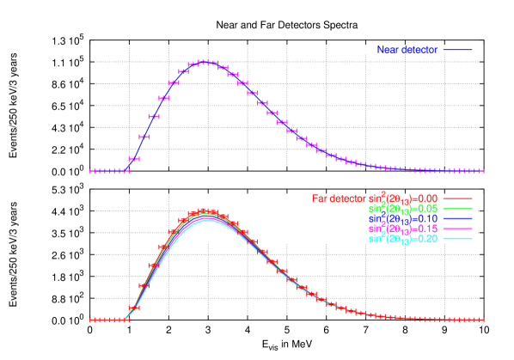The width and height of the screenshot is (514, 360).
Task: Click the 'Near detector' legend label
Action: (407, 50)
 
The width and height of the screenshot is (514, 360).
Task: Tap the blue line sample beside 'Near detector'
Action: (457, 50)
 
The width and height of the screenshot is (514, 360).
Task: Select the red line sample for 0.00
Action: (457, 198)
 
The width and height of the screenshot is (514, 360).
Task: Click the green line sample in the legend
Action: (457, 209)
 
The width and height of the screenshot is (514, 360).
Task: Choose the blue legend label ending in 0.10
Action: (403, 219)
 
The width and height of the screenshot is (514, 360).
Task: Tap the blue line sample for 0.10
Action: (457, 219)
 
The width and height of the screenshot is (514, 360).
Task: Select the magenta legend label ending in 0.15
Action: (403, 229)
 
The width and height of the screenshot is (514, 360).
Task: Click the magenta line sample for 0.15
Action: (457, 229)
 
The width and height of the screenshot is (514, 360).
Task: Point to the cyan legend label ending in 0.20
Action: (403, 239)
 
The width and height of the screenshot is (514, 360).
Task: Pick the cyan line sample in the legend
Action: (457, 239)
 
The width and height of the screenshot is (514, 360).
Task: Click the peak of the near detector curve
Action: (205, 62)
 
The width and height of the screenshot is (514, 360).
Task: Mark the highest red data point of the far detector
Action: (205, 211)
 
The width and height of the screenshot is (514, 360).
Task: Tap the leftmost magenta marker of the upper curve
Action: (94, 171)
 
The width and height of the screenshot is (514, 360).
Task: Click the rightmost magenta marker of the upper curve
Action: (480, 170)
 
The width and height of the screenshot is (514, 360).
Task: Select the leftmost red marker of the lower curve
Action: (94, 320)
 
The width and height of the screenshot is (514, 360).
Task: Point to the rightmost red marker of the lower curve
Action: (480, 320)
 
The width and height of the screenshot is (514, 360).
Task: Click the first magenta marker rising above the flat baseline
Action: (134, 159)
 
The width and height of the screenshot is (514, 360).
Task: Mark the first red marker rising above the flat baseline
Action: (134, 308)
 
